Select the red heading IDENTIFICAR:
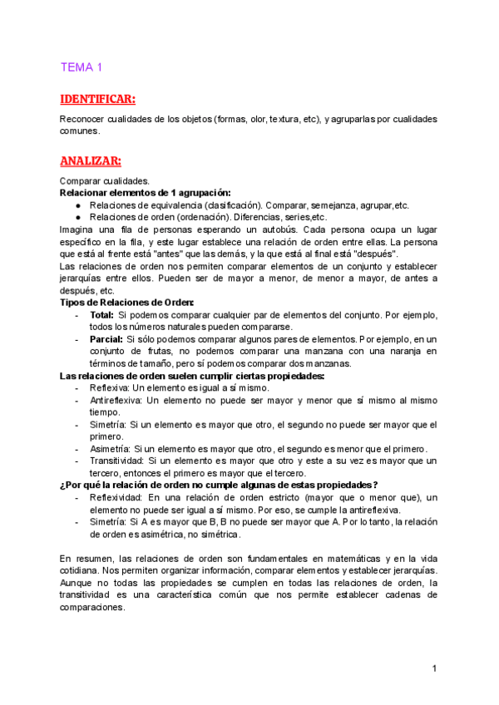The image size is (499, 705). click(97, 100)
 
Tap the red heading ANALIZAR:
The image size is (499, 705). click(91, 160)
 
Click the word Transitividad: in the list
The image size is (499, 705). click(116, 460)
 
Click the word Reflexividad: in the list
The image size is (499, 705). click(116, 496)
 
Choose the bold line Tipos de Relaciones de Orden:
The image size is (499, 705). click(127, 302)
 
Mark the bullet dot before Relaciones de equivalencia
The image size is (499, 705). click(77, 205)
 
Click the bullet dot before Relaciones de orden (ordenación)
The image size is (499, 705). click(77, 217)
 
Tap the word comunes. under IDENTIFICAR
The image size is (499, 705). click(80, 131)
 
